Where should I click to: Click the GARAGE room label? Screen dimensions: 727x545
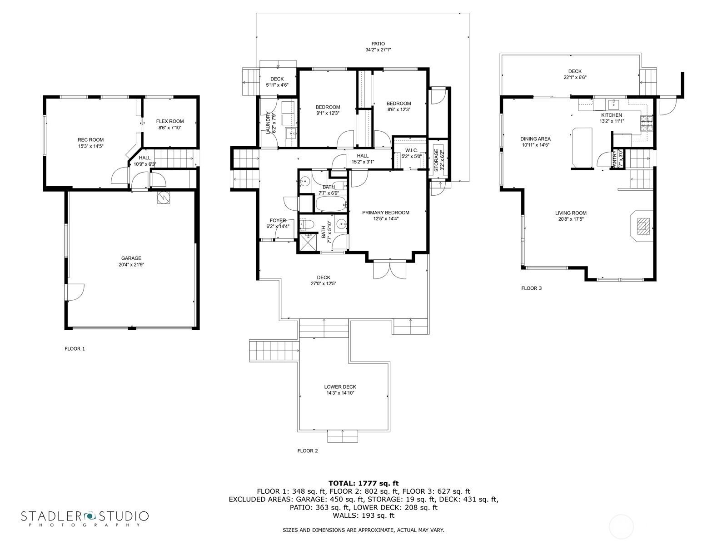pos(131,258)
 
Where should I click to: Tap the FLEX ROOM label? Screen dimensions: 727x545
pos(170,121)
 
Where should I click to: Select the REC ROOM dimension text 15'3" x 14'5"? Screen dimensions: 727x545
pos(91,146)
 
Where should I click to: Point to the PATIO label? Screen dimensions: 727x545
pos(378,44)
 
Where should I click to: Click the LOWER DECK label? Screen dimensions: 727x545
pos(340,387)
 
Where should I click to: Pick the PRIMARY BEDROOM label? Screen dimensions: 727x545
pos(385,213)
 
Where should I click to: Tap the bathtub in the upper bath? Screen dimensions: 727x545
pos(330,204)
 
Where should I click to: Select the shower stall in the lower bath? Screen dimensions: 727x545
pos(308,242)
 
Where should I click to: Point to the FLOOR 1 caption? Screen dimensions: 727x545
pos(75,348)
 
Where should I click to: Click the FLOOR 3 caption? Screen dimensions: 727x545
pos(531,288)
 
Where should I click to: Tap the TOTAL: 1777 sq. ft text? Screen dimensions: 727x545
pos(363,483)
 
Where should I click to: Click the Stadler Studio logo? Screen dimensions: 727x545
pos(85,518)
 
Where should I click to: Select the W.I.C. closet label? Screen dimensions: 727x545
pos(411,151)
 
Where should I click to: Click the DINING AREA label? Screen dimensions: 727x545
pos(535,139)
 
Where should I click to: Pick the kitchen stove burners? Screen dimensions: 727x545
pos(646,123)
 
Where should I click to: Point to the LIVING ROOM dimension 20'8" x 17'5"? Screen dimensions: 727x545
pos(569,219)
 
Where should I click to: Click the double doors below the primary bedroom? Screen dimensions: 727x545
pos(390,270)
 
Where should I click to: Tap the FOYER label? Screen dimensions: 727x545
pos(278,220)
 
